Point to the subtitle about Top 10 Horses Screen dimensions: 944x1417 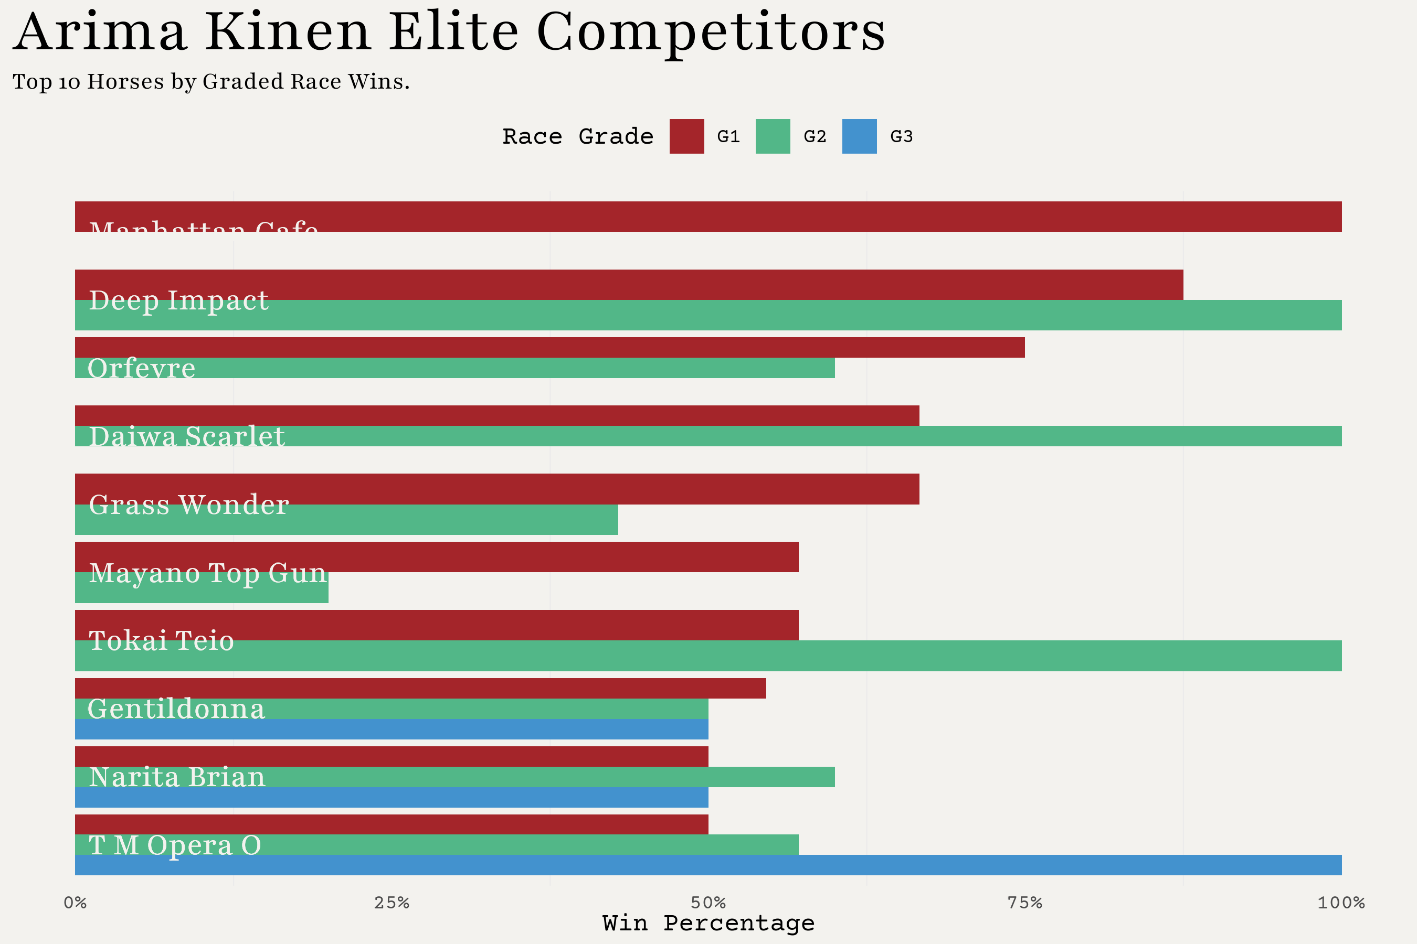pyautogui.click(x=211, y=81)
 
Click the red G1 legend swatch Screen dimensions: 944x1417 pyautogui.click(x=686, y=137)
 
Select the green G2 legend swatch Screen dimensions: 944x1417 pyautogui.click(x=773, y=137)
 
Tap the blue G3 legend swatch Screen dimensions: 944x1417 pyautogui.click(x=859, y=137)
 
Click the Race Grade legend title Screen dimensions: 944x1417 pyautogui.click(x=578, y=137)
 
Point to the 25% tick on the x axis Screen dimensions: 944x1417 pyautogui.click(x=392, y=903)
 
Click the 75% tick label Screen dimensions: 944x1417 pyautogui.click(x=1025, y=903)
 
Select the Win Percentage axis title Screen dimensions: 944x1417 pyautogui.click(x=708, y=923)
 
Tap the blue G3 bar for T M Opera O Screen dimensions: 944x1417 pyautogui.click(x=708, y=865)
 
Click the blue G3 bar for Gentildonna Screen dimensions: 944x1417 pyautogui.click(x=392, y=729)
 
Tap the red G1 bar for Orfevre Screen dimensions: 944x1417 pyautogui.click(x=549, y=347)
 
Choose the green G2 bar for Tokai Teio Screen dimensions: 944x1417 pyautogui.click(x=708, y=656)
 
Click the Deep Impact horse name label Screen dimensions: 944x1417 pyautogui.click(x=178, y=301)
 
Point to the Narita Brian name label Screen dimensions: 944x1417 pyautogui.click(x=176, y=777)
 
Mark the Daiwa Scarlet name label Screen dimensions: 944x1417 pyautogui.click(x=186, y=436)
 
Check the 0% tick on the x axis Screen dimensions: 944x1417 pyautogui.click(x=75, y=903)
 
